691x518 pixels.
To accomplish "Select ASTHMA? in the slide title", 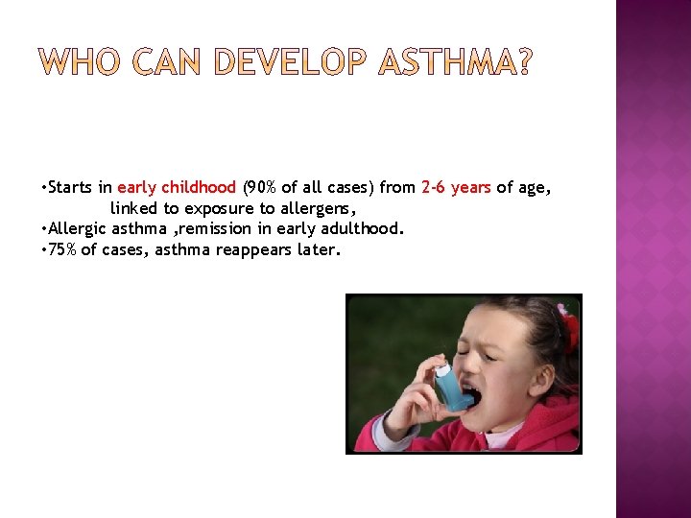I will (x=454, y=64).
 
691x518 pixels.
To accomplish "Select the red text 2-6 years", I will (x=456, y=188).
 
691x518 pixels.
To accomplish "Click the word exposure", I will (x=220, y=209).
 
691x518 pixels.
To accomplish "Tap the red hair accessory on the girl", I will (x=569, y=326).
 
